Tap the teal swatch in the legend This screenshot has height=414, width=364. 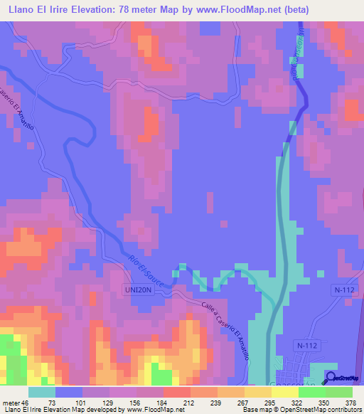[41, 392]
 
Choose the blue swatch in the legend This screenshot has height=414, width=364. [69, 392]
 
